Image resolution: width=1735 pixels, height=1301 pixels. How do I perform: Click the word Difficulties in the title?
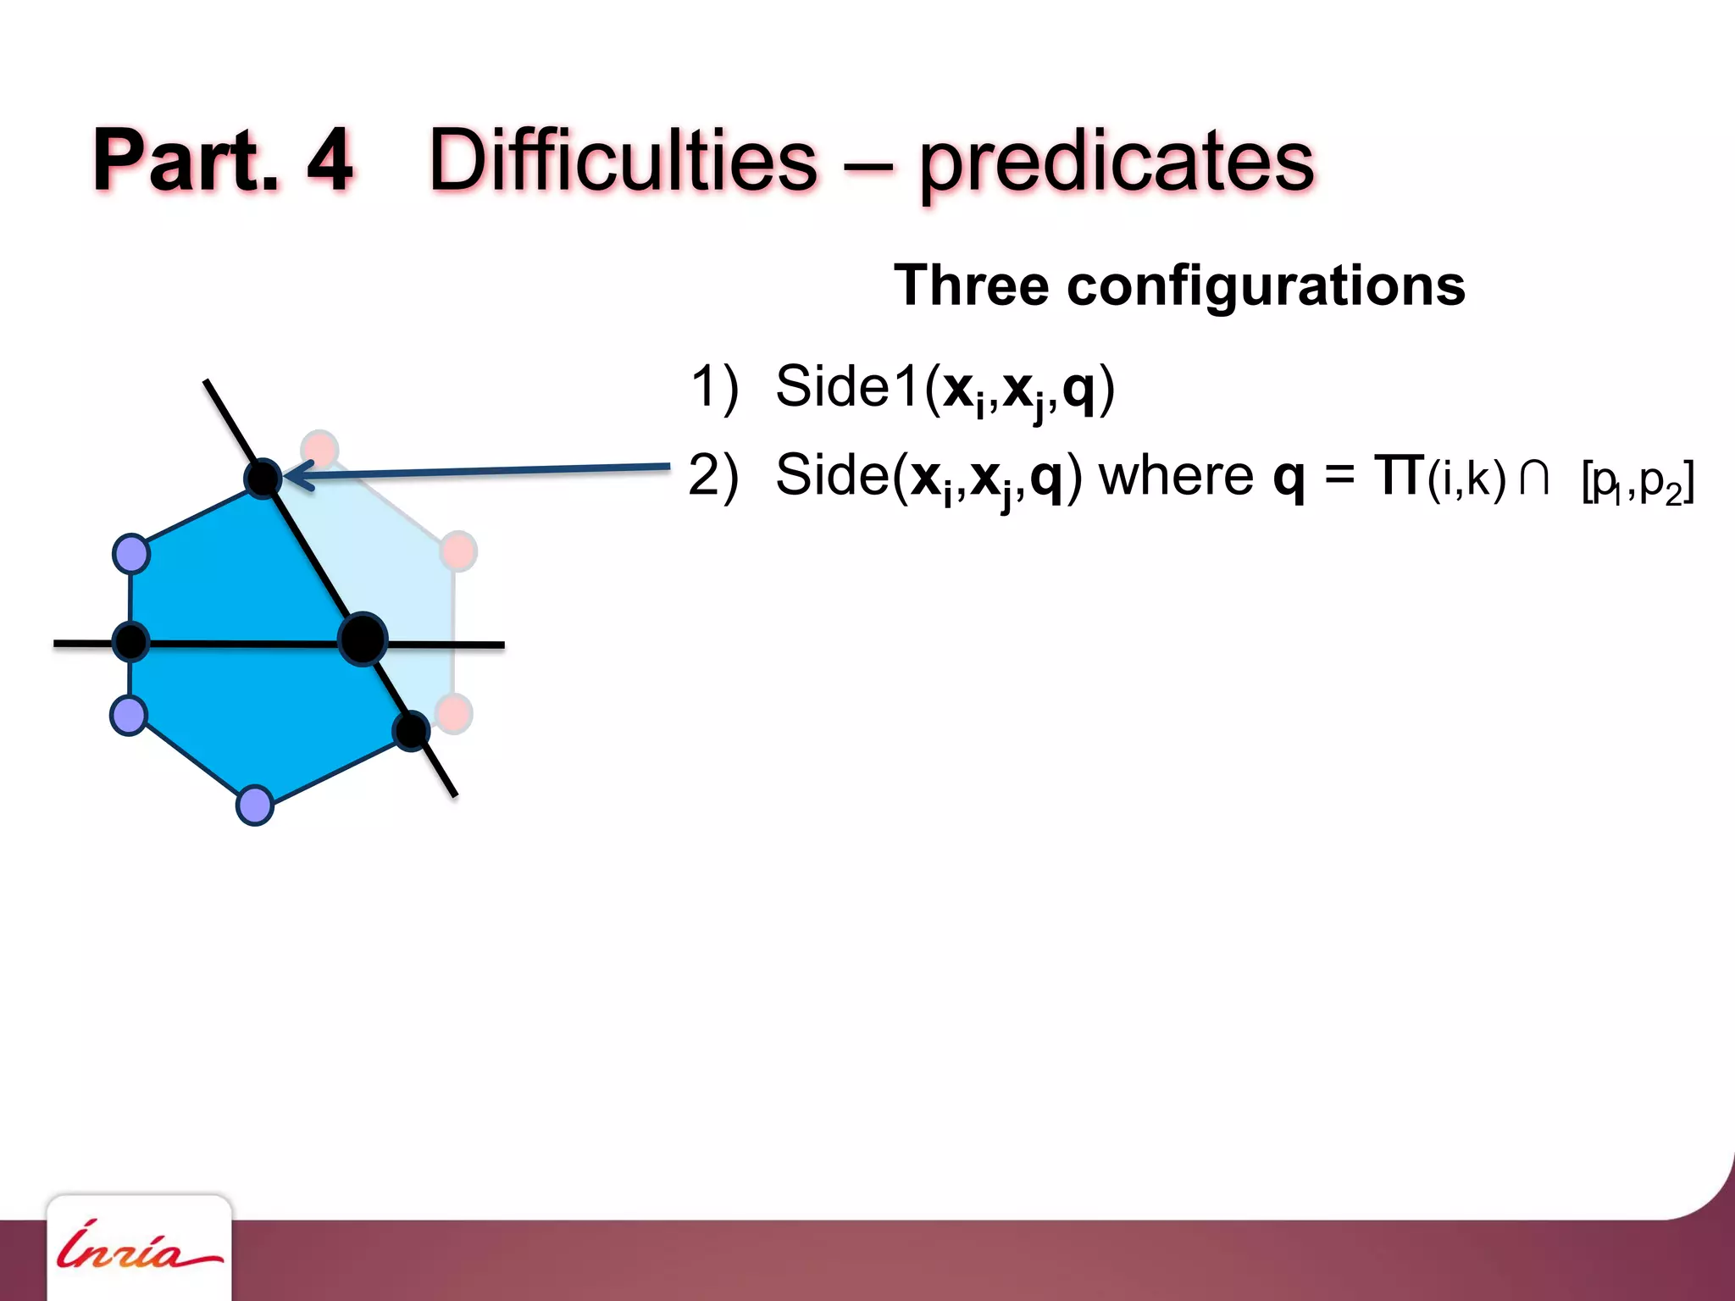point(623,161)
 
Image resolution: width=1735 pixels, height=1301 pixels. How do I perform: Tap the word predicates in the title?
point(1117,163)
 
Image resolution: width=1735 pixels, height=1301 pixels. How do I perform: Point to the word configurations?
point(1266,285)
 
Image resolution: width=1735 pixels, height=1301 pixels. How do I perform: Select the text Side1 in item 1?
point(847,387)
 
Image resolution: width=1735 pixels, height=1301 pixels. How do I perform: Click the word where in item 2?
point(1175,476)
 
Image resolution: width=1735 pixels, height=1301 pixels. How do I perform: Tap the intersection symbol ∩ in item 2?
point(1534,478)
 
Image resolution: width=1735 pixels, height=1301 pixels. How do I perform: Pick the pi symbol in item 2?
point(1399,476)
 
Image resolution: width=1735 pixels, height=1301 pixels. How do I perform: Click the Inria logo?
point(138,1248)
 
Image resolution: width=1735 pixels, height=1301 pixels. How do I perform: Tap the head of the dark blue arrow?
point(292,475)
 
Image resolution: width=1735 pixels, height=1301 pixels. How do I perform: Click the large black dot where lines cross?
point(363,639)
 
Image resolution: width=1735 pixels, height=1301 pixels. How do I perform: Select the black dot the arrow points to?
point(263,479)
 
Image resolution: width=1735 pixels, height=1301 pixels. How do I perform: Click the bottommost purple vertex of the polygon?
point(254,805)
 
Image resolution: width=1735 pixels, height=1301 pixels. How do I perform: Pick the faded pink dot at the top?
point(320,448)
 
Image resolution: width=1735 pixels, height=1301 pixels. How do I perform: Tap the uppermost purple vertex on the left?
point(131,555)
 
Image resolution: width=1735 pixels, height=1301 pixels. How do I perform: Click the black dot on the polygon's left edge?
point(130,642)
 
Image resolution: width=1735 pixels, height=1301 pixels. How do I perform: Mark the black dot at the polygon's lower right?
point(412,730)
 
